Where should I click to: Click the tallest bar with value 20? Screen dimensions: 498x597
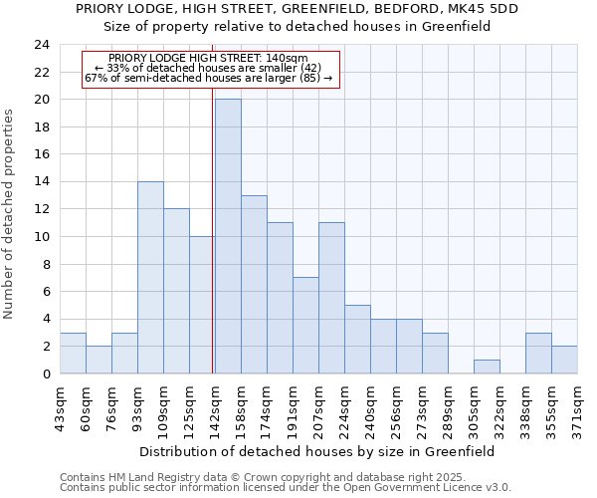228,237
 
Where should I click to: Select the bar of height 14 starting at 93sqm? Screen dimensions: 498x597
150,278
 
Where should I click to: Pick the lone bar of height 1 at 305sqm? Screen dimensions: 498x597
487,367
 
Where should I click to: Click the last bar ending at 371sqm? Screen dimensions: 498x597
564,360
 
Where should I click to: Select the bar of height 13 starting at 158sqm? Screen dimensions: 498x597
254,285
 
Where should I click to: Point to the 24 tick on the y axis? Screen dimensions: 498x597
42,45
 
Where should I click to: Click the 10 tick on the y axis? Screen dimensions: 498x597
42,237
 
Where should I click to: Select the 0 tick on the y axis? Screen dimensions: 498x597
46,374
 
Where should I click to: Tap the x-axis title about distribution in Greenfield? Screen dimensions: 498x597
317,451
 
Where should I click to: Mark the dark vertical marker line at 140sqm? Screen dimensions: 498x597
213,249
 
